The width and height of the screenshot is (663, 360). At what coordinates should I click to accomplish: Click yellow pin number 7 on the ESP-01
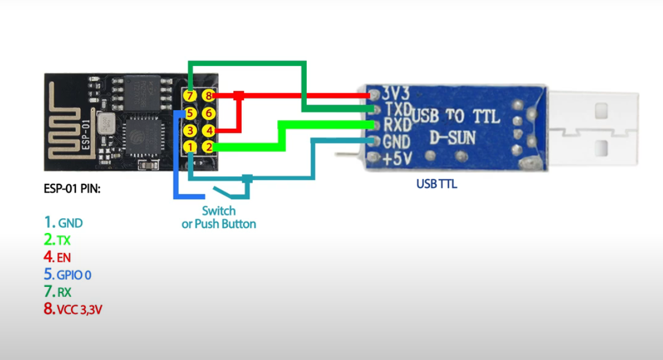click(190, 96)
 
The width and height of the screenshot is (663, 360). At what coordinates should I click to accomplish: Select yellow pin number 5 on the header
click(190, 113)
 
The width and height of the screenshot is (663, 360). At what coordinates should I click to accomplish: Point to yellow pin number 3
click(190, 131)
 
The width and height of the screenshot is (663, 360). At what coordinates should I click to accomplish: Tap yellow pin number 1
click(190, 147)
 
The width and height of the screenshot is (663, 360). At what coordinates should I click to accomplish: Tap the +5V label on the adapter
click(397, 159)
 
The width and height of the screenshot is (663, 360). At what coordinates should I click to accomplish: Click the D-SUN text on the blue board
click(451, 139)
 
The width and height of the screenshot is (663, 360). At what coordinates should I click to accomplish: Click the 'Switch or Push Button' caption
click(219, 217)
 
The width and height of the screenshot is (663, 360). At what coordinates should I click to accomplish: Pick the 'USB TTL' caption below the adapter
click(437, 184)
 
